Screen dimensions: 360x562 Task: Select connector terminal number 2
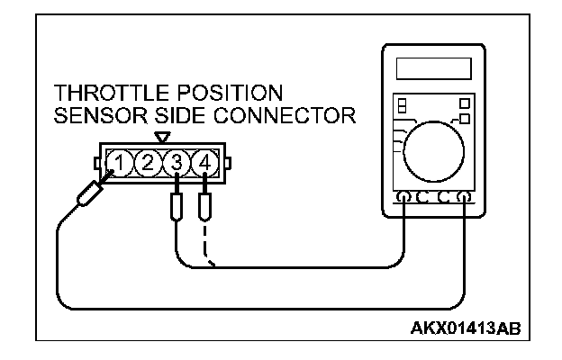pyautogui.click(x=149, y=164)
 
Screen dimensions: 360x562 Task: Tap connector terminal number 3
pyautogui.click(x=177, y=164)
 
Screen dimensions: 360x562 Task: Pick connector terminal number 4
pyautogui.click(x=206, y=164)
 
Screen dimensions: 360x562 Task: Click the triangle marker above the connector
pyautogui.click(x=162, y=137)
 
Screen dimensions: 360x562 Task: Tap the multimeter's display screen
pyautogui.click(x=432, y=68)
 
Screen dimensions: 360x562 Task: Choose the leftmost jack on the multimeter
pyautogui.click(x=403, y=198)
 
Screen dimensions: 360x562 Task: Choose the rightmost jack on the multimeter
pyautogui.click(x=465, y=198)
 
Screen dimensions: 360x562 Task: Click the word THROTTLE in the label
pyautogui.click(x=102, y=94)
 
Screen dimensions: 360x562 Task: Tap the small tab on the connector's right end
pyautogui.click(x=228, y=164)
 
